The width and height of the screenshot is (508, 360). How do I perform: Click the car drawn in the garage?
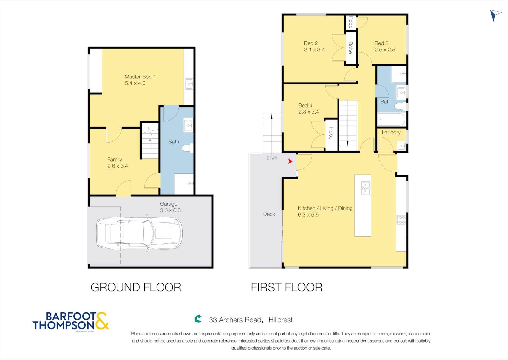(x=139, y=233)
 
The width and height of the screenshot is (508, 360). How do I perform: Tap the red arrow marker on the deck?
(x=290, y=161)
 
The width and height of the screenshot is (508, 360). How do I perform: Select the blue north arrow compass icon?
(x=495, y=15)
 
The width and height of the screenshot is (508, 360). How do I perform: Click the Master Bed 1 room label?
(x=140, y=77)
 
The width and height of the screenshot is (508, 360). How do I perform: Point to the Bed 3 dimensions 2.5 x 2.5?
(x=384, y=50)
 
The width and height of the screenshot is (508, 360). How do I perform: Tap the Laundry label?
(x=391, y=132)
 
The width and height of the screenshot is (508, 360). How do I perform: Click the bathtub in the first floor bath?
(x=391, y=119)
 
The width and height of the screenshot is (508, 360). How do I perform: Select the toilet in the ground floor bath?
(x=188, y=148)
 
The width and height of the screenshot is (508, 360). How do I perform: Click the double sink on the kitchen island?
(x=365, y=188)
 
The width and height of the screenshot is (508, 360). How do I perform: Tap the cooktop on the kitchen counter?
(x=401, y=220)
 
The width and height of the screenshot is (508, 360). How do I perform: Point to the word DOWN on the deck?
(x=272, y=158)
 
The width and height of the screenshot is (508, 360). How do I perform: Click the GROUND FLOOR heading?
(x=136, y=287)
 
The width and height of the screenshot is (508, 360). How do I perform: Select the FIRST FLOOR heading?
(x=286, y=287)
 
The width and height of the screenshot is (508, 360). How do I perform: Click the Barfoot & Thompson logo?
(x=70, y=321)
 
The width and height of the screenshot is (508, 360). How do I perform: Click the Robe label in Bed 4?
(x=331, y=133)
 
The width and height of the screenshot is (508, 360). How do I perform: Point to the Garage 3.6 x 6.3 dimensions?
(x=170, y=210)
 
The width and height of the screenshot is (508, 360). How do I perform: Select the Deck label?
(x=269, y=214)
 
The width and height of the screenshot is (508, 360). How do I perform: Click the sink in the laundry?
(x=402, y=146)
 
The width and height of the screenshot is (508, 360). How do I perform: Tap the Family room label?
(x=115, y=159)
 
